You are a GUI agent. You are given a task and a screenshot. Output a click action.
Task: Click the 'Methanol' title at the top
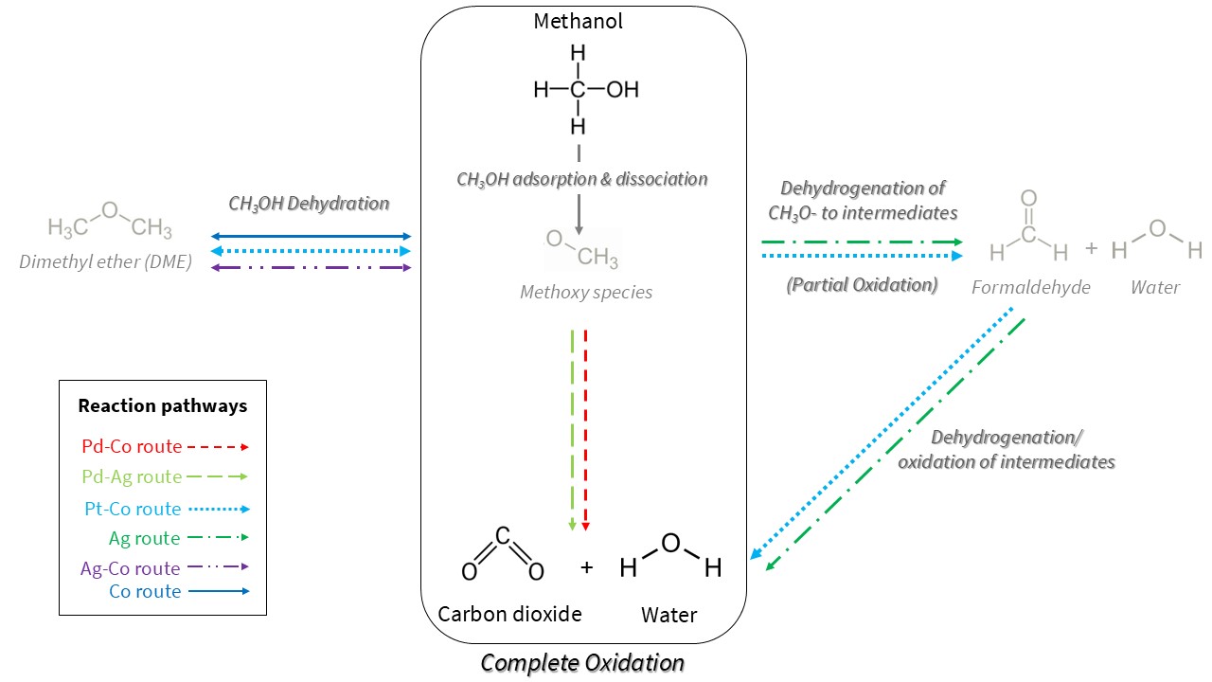[x=579, y=21]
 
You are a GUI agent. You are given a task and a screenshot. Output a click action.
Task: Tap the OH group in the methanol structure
[x=622, y=90]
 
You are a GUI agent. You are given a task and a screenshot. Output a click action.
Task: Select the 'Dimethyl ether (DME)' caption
[x=105, y=262]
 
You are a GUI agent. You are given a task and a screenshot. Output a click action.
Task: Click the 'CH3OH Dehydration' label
[x=309, y=203]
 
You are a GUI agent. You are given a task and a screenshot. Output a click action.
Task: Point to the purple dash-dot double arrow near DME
[x=311, y=268]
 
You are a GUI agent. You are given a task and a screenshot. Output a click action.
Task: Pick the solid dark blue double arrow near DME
[x=311, y=236]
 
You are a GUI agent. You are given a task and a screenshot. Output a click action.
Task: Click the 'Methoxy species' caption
[x=586, y=292]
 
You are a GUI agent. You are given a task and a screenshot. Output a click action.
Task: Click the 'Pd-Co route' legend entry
[x=132, y=446]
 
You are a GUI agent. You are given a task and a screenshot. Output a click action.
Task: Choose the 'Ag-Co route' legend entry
[x=131, y=568]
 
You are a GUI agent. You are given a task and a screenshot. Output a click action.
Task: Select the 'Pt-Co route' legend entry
[x=133, y=509]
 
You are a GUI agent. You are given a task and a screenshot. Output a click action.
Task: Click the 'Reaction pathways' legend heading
[x=163, y=406]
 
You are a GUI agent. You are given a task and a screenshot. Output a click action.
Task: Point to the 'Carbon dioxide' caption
[x=509, y=614]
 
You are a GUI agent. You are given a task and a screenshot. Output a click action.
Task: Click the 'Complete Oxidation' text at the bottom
[x=582, y=662]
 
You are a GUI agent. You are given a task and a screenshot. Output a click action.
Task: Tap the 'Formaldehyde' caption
[x=1030, y=287]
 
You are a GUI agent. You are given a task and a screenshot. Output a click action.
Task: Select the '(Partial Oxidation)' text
[x=862, y=285]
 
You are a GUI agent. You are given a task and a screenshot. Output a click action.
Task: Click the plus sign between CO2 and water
[x=586, y=567]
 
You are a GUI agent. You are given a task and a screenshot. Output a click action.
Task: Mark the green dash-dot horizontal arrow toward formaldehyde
[x=862, y=242]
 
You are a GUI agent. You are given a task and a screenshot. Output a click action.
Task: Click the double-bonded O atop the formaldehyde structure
[x=1029, y=199]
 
